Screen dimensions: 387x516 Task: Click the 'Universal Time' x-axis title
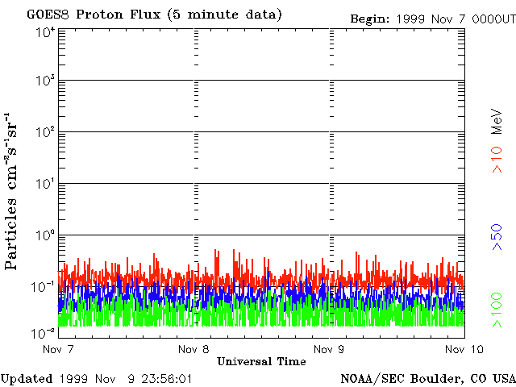261,361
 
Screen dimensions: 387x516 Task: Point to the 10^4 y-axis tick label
45,31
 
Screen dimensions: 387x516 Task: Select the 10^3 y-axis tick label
45,81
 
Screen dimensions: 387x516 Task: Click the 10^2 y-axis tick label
45,133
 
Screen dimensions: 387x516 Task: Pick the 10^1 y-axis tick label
45,185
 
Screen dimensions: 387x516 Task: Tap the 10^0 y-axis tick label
45,236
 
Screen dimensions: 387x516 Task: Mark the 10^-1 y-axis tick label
44,288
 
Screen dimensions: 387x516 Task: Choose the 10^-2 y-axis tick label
44,332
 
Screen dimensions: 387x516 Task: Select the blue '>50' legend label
497,237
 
